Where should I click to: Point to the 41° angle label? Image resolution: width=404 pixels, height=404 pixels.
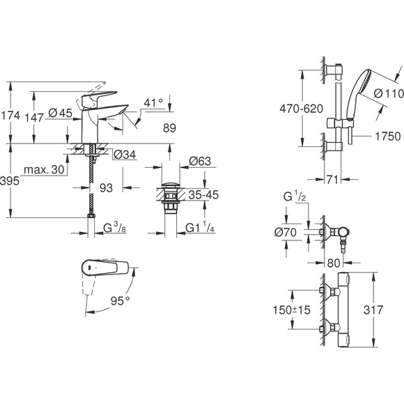[x=153, y=102]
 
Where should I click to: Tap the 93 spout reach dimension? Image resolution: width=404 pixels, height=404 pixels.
[x=107, y=189]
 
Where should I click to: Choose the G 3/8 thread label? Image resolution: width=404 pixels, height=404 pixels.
[x=114, y=229]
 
